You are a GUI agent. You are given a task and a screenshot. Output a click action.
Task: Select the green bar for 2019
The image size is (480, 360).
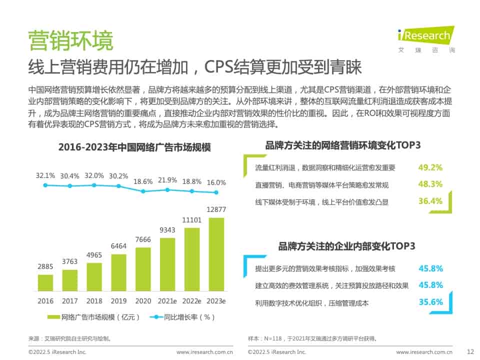(118, 272)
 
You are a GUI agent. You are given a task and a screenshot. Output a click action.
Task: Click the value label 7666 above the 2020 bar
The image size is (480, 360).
(143, 240)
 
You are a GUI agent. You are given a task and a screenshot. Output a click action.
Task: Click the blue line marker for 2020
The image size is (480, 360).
(143, 191)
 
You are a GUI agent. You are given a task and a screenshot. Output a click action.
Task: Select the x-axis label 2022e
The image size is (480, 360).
(192, 301)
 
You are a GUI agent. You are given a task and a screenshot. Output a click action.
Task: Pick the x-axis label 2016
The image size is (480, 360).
(45, 301)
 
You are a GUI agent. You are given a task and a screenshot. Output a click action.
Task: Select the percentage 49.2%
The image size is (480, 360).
(430, 167)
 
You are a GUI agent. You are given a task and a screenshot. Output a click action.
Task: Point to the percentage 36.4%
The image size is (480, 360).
(430, 201)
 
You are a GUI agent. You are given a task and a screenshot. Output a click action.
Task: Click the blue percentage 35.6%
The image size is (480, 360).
(430, 302)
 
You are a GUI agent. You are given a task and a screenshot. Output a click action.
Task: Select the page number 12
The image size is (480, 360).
(469, 352)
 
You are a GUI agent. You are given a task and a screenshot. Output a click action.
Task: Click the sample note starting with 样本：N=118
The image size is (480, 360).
(312, 338)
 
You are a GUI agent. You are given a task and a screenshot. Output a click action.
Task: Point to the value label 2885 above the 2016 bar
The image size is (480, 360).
(45, 266)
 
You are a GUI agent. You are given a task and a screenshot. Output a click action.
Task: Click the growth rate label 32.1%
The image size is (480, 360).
(45, 175)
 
